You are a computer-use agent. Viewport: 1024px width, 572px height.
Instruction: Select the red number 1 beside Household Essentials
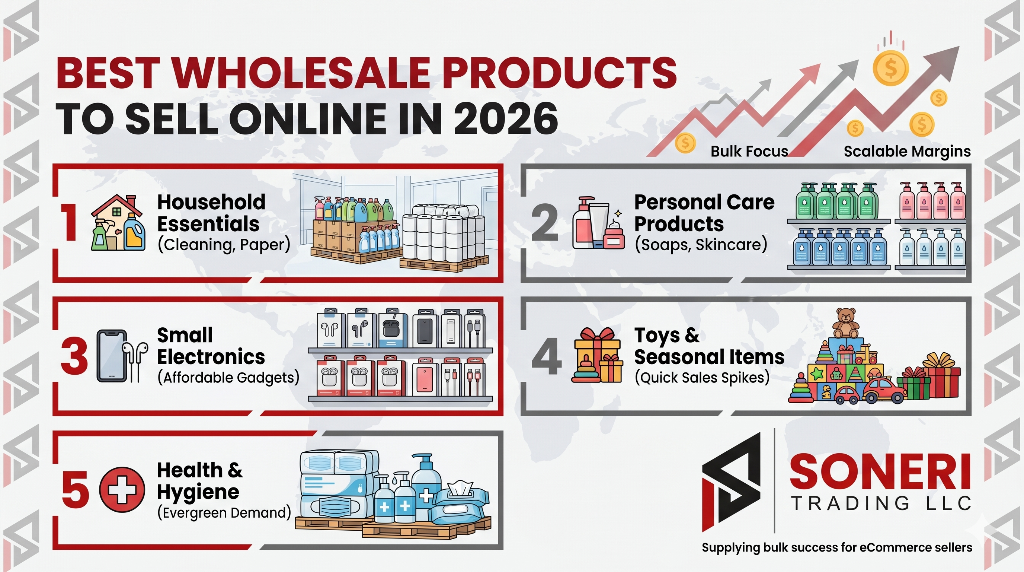pos(70,222)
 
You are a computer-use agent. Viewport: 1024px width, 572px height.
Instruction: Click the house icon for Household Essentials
pos(117,222)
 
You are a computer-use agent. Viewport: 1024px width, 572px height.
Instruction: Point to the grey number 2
pos(545,222)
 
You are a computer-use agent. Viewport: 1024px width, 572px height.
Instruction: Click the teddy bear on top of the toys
pos(845,323)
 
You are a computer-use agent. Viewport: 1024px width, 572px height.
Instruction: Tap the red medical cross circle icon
pos(122,489)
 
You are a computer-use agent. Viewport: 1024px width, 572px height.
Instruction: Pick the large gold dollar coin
pos(891,68)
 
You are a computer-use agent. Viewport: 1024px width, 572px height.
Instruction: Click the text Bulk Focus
pos(749,152)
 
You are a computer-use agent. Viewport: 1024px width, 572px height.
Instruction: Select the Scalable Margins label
pos(907,152)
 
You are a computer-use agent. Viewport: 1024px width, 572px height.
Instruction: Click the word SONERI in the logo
pos(879,473)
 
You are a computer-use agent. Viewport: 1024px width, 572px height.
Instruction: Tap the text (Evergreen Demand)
pos(224,513)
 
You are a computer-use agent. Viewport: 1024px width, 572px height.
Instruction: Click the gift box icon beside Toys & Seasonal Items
pos(597,355)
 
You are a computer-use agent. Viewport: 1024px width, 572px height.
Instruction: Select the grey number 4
pos(547,356)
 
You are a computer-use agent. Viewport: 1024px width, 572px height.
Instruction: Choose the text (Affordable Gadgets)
pos(228,378)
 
